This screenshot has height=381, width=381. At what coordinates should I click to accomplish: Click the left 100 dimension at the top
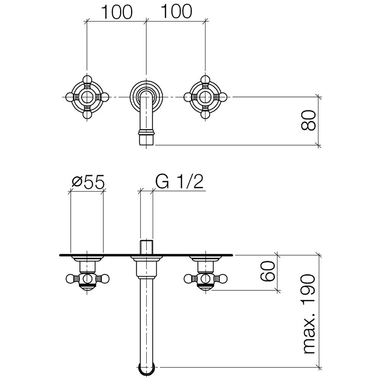(116, 12)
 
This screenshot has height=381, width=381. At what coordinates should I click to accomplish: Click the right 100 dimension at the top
(176, 11)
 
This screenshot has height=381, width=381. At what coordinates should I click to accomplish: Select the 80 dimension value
(308, 120)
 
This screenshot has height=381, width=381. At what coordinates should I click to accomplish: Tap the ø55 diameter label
(88, 182)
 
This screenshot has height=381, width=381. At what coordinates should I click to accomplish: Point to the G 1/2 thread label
(179, 182)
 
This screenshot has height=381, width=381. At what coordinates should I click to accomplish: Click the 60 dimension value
(267, 271)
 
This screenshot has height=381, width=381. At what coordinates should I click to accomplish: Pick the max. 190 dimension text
(309, 314)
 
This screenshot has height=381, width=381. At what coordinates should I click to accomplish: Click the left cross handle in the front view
(87, 97)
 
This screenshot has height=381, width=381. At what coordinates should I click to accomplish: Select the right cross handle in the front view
(205, 97)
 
